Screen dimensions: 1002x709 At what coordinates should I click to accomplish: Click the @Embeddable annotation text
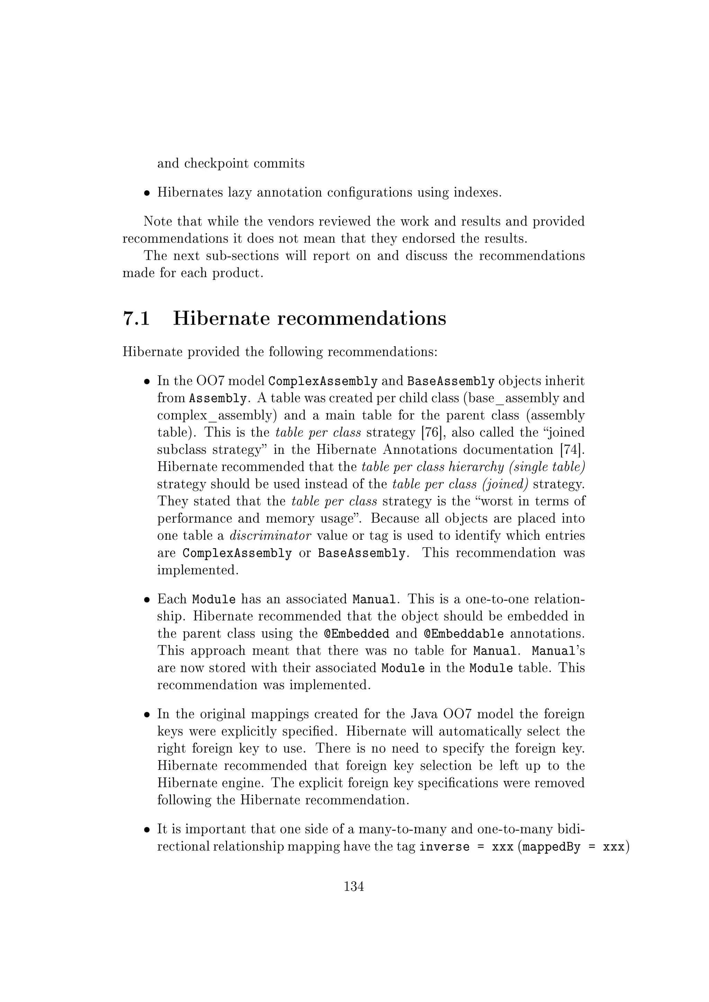point(464,634)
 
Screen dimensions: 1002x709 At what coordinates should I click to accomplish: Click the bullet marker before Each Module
point(147,600)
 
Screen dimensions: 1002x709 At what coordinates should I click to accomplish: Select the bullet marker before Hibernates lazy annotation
point(147,193)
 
